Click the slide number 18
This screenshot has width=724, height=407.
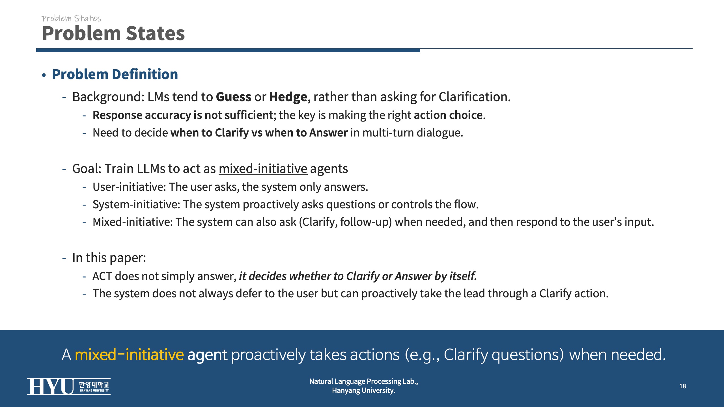(682, 386)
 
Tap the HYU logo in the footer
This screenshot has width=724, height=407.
(69, 386)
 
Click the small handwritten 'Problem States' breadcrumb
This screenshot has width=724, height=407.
(71, 18)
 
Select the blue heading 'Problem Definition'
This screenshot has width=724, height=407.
(115, 74)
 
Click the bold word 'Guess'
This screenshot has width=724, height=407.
(234, 97)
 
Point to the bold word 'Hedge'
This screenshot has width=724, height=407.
(288, 97)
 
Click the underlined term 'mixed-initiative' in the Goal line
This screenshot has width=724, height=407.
(263, 169)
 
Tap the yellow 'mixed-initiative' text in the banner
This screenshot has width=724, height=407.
(129, 354)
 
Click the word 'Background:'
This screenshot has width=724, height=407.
(108, 97)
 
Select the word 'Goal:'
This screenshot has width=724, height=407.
(87, 169)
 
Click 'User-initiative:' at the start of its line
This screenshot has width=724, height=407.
(129, 187)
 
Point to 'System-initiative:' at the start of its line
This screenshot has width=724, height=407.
(136, 205)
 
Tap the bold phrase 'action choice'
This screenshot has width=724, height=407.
(448, 115)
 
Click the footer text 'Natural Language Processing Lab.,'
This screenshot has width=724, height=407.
(364, 381)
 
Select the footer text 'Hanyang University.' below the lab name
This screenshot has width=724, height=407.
(364, 390)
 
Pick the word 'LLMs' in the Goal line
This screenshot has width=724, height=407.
(151, 169)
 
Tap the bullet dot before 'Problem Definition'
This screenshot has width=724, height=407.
(44, 75)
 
